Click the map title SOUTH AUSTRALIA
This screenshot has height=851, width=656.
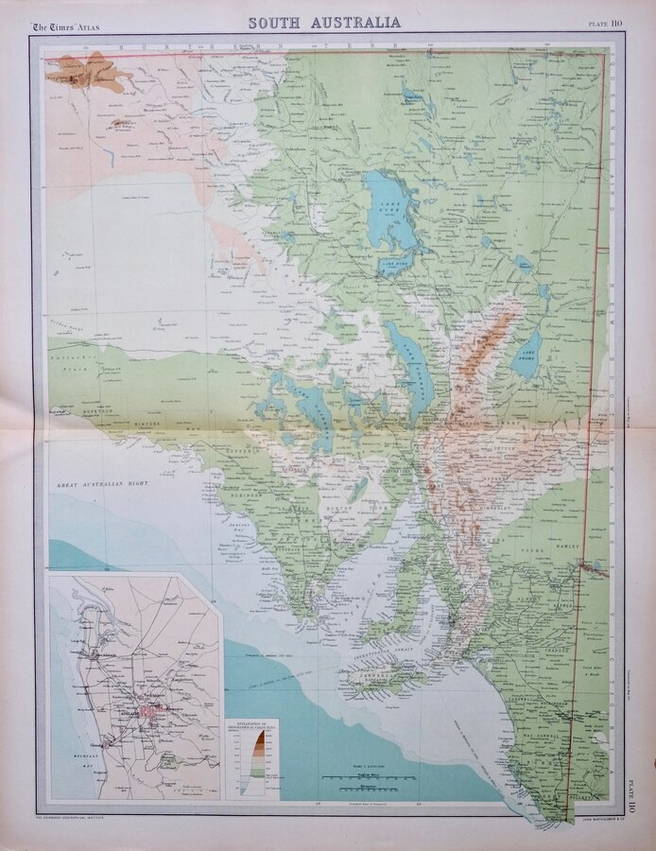point(325,22)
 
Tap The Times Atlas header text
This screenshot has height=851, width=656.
point(66,26)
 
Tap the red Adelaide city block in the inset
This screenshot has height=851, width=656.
point(148,709)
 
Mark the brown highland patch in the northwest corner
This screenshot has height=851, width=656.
point(91,73)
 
